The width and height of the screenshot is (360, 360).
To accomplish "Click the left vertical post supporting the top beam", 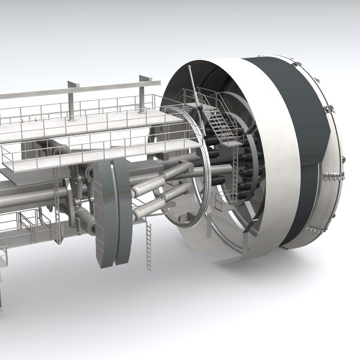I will tap(71, 100).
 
